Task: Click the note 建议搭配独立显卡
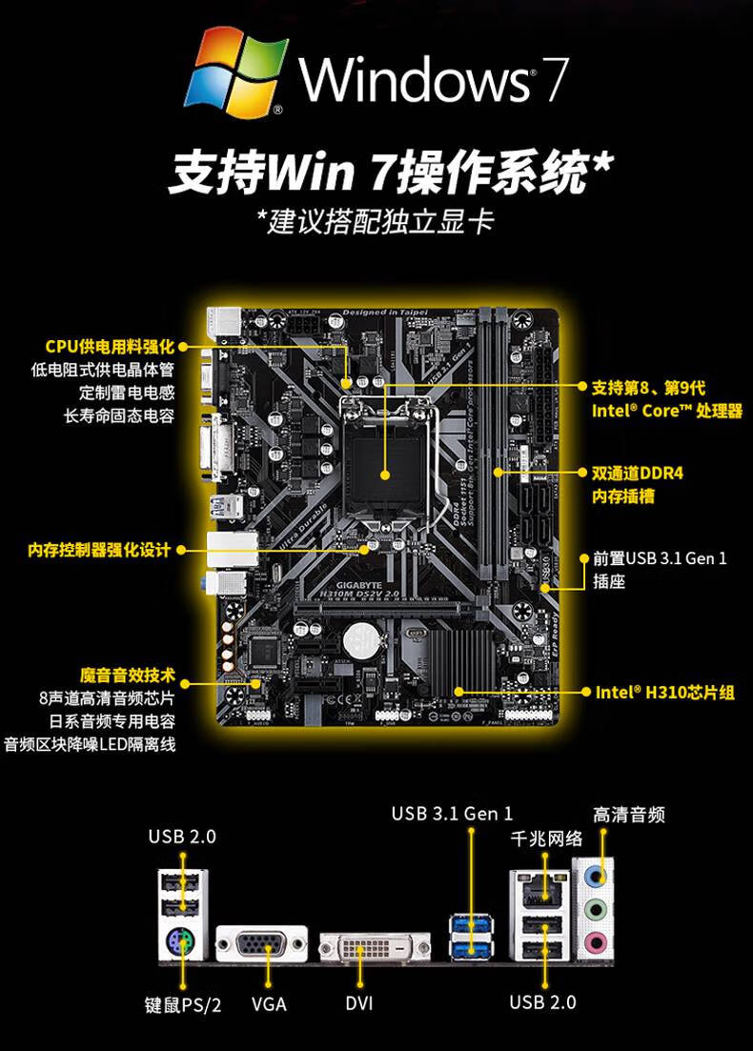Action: pos(376,221)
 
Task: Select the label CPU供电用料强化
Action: pos(111,346)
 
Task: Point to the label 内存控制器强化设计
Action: pos(99,550)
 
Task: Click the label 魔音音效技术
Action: pos(128,675)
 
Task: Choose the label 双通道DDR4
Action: pos(638,473)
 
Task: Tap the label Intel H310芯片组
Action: pos(664,693)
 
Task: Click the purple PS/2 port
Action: pos(181,941)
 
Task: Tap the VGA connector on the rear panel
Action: pos(261,944)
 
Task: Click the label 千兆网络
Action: pos(546,839)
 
